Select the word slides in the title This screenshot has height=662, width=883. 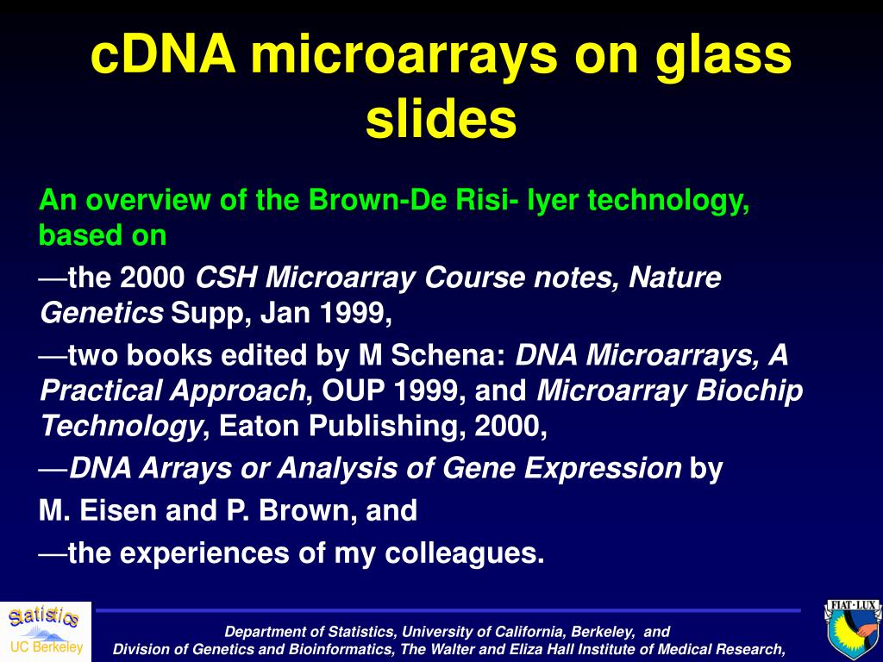click(x=441, y=119)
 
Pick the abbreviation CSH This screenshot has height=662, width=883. click(x=227, y=277)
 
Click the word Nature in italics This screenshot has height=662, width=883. click(x=674, y=277)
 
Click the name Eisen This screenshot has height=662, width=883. click(x=119, y=510)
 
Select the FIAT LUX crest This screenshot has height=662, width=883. click(x=853, y=630)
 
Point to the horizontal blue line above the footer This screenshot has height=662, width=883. click(x=448, y=610)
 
